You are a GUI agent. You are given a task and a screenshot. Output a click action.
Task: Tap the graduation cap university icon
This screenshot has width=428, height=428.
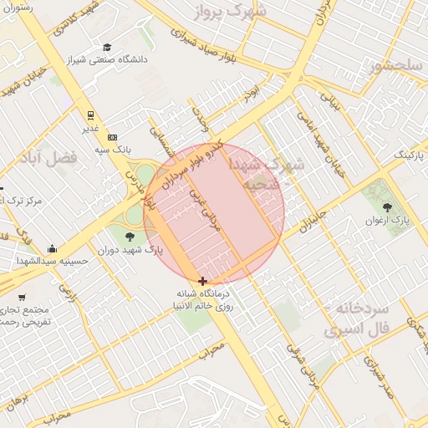(x=107, y=48)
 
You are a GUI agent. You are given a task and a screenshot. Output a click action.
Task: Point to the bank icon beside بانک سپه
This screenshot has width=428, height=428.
(x=113, y=137)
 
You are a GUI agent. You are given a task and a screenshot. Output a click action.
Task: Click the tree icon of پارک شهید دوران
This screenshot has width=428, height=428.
(x=129, y=237)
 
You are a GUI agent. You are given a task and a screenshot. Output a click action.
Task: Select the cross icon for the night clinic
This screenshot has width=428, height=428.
(x=203, y=281)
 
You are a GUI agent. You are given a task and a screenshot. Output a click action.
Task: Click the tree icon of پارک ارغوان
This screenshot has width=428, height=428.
(x=386, y=207)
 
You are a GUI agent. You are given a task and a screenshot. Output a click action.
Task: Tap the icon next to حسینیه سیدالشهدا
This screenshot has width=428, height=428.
(x=52, y=248)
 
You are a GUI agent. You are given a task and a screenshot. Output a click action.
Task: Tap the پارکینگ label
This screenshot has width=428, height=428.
(x=410, y=155)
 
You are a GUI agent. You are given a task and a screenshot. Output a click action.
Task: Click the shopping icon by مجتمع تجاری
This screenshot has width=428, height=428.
(x=22, y=298)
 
